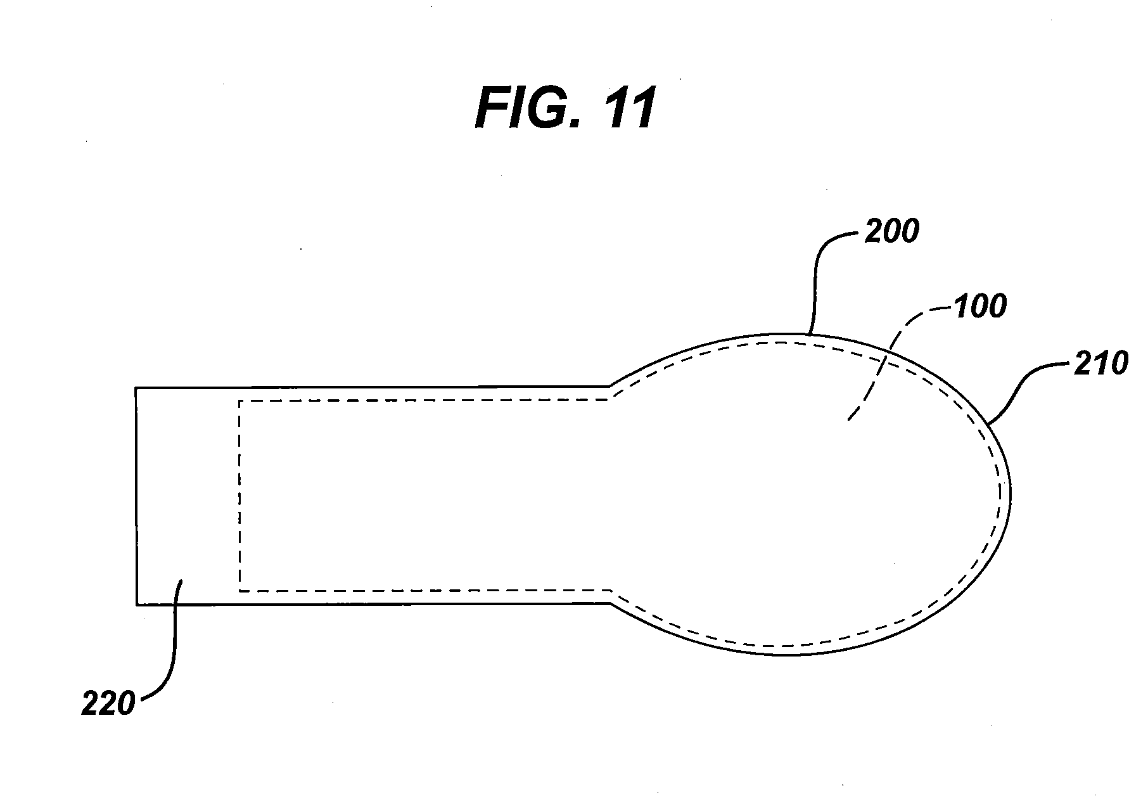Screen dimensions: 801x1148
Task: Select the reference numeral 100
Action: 979,307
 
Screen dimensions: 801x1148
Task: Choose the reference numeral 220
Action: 108,703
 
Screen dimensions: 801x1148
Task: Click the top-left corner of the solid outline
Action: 136,388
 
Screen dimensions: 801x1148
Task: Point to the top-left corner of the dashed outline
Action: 239,401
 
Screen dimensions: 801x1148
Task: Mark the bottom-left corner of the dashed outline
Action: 239,591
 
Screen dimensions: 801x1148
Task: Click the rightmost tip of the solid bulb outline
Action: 1011,493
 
